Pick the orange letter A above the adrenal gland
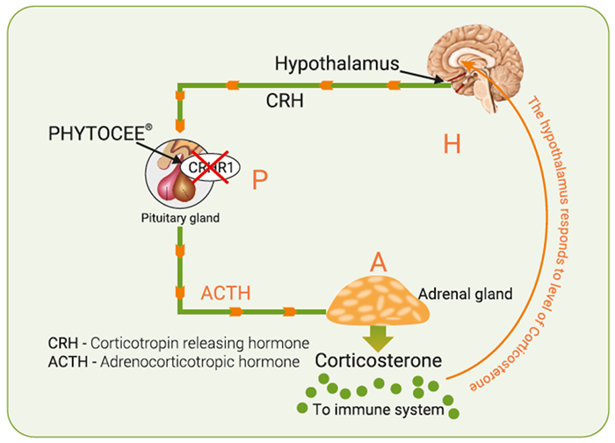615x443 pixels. pyautogui.click(x=378, y=261)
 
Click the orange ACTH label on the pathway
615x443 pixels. pyautogui.click(x=225, y=292)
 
